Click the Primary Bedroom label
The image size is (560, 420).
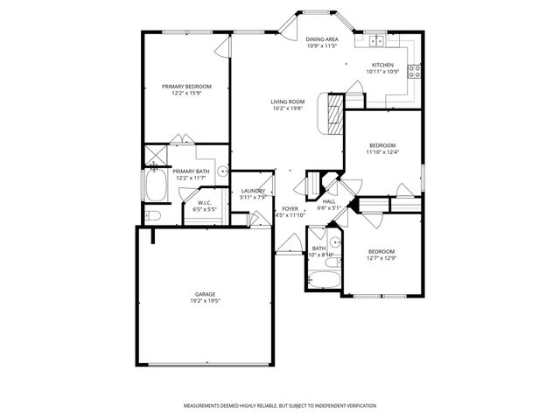pos(186,86)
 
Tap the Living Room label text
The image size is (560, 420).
pos(287,102)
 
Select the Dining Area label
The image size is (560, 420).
pos(322,39)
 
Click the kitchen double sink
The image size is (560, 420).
pos(376,40)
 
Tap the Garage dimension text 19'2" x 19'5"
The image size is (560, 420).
pos(206,301)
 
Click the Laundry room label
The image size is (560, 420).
pos(253,191)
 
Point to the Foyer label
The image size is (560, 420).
pos(290,208)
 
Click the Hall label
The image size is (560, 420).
pos(329,201)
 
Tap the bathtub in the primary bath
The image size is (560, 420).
pos(157,185)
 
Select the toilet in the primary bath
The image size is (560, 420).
pos(151,214)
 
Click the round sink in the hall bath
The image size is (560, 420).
pos(336,241)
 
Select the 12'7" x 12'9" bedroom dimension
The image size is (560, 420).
pos(381,258)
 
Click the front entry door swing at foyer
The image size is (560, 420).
pos(285,244)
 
